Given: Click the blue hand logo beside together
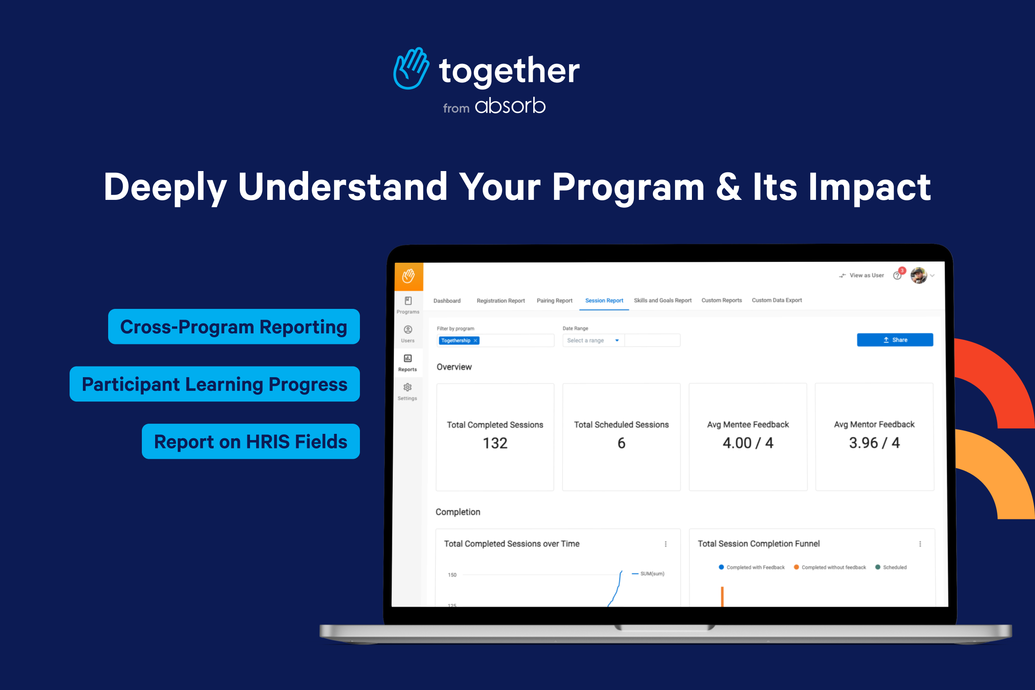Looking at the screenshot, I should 411,69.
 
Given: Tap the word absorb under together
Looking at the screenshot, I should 510,106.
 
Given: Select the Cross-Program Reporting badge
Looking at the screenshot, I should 234,327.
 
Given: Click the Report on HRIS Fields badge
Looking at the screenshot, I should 250,441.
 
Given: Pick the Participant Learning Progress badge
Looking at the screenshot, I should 215,384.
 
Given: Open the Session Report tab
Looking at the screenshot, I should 604,300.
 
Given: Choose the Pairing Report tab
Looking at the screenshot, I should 554,300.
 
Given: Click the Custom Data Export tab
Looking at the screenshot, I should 777,300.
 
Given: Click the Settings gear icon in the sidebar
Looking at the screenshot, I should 407,387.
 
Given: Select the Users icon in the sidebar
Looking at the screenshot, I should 408,330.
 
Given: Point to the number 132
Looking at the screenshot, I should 495,443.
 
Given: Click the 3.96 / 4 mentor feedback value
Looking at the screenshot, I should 874,443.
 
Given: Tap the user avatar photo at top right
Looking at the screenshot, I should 918,276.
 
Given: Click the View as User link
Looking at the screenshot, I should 866,275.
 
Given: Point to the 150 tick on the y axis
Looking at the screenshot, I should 452,575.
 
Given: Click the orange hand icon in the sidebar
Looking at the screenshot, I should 408,276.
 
